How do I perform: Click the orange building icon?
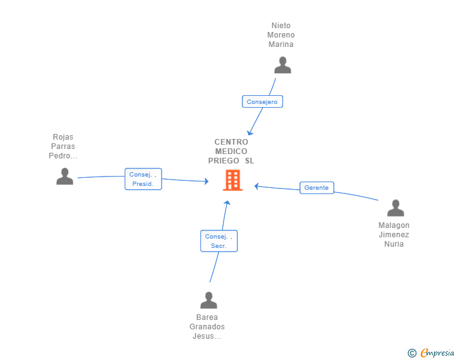pos(232,180)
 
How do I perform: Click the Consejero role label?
pos(262,101)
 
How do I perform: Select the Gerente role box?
pos(317,188)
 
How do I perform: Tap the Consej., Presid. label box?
pos(143,179)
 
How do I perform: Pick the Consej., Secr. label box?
pos(219,241)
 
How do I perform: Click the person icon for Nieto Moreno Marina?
pos(282,65)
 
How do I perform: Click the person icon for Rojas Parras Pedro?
pos(65,176)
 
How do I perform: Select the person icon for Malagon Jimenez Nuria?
pos(395,208)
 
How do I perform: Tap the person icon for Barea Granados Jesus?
pos(209,300)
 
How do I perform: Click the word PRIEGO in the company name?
pos(224,160)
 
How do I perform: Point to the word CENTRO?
pos(231,142)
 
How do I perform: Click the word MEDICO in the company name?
pos(231,152)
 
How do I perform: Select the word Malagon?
pos(394,225)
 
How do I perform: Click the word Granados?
pos(207,327)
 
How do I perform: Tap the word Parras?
pos(63,147)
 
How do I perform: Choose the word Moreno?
pos(281,35)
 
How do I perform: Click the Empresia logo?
pos(437,352)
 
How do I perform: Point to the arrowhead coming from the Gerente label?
pos(256,186)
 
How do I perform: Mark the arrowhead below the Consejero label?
pos(249,133)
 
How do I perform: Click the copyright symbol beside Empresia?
pos(412,353)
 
